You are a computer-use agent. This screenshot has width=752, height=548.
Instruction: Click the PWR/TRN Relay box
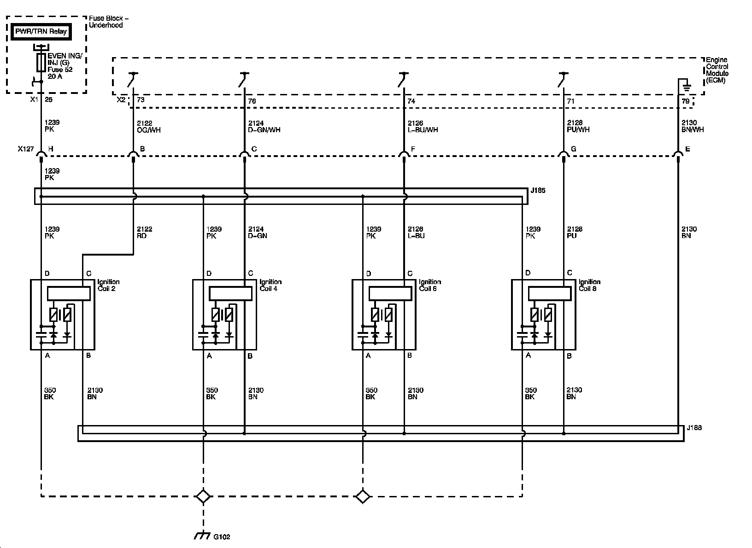41,32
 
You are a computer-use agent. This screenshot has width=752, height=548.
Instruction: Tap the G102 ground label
222,537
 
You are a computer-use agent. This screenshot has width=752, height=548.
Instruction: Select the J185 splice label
538,190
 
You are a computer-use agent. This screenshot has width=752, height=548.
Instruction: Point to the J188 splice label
694,428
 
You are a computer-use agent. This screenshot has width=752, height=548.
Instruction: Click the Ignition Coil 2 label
108,285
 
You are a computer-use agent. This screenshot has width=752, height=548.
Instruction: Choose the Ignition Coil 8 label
589,285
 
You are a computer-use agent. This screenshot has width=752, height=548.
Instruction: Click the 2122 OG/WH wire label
149,127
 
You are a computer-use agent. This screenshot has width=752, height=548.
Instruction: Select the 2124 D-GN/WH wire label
264,127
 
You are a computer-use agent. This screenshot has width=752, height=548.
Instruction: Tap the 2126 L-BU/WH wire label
423,127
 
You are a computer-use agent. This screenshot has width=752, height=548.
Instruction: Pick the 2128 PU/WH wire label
578,127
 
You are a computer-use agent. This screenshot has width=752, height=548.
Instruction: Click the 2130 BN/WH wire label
693,127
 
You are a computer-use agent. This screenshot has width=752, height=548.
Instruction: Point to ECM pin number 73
141,101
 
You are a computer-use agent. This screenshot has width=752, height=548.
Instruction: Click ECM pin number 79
686,101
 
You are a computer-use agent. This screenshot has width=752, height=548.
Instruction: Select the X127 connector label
25,149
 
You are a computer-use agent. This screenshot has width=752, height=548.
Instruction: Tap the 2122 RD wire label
144,233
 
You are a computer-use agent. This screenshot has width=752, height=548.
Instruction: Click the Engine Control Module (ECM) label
717,70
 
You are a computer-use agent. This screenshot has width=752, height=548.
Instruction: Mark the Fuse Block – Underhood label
108,22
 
